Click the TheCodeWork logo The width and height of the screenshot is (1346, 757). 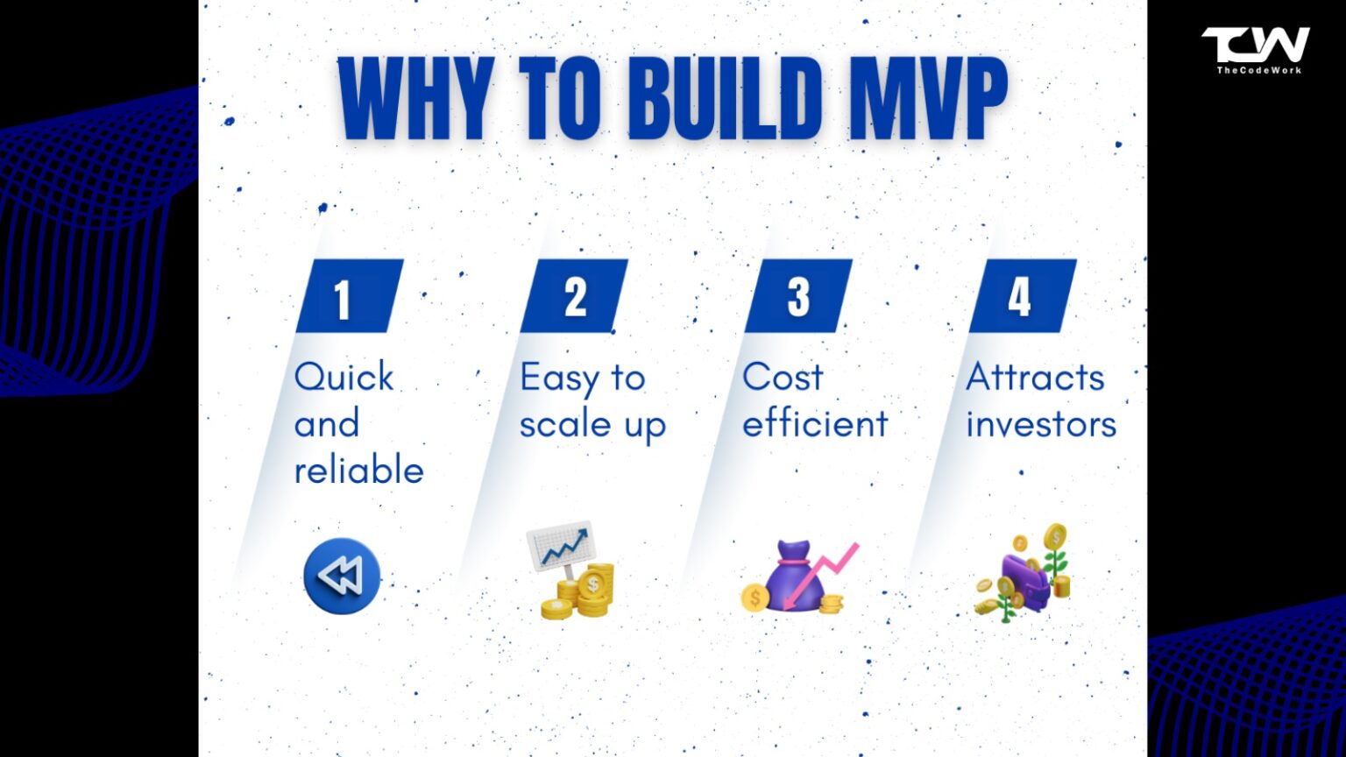[x=1256, y=49]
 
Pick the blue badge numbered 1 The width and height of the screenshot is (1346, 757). [x=349, y=297]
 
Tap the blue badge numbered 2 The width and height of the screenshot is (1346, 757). [x=574, y=297]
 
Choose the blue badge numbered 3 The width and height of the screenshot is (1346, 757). [x=798, y=297]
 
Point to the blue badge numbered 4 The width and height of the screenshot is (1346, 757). [x=1022, y=297]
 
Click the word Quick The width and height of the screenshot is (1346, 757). [x=344, y=378]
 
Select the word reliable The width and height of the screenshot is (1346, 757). [x=358, y=470]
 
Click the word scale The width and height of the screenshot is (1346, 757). [x=564, y=425]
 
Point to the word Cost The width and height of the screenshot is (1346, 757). [x=783, y=378]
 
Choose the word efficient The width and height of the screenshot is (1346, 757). [x=815, y=424]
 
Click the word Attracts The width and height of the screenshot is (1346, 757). [x=1035, y=378]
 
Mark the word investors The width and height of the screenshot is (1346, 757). [x=1041, y=424]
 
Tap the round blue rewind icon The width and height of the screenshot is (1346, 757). [x=342, y=576]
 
